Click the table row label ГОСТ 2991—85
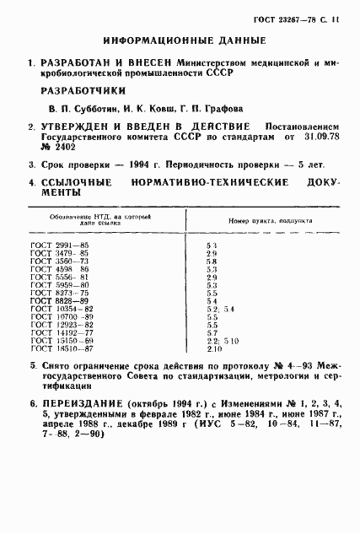(64, 245)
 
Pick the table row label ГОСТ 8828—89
(64, 300)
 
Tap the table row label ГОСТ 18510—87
(66, 348)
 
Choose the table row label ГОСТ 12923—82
(66, 324)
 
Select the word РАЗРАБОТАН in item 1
(83, 62)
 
